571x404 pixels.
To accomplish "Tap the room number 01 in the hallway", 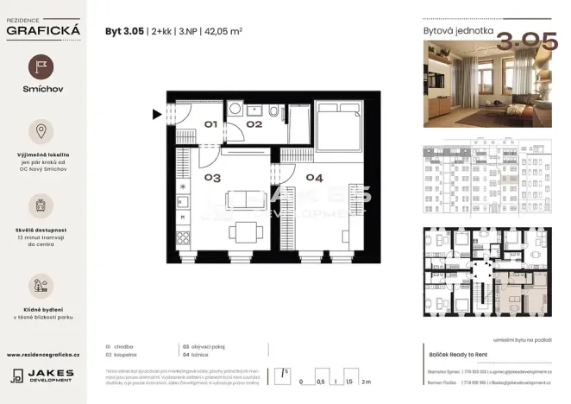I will (210, 124).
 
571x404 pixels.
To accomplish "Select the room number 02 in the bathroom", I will (253, 124).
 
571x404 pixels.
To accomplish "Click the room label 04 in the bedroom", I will (314, 178).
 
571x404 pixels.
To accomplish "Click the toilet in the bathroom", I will (273, 113).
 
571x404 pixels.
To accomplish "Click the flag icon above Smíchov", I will (41, 67).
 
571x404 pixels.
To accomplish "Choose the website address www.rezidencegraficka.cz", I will (42, 354).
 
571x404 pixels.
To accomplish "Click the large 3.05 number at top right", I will (521, 40).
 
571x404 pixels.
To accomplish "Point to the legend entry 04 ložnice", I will (197, 354).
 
